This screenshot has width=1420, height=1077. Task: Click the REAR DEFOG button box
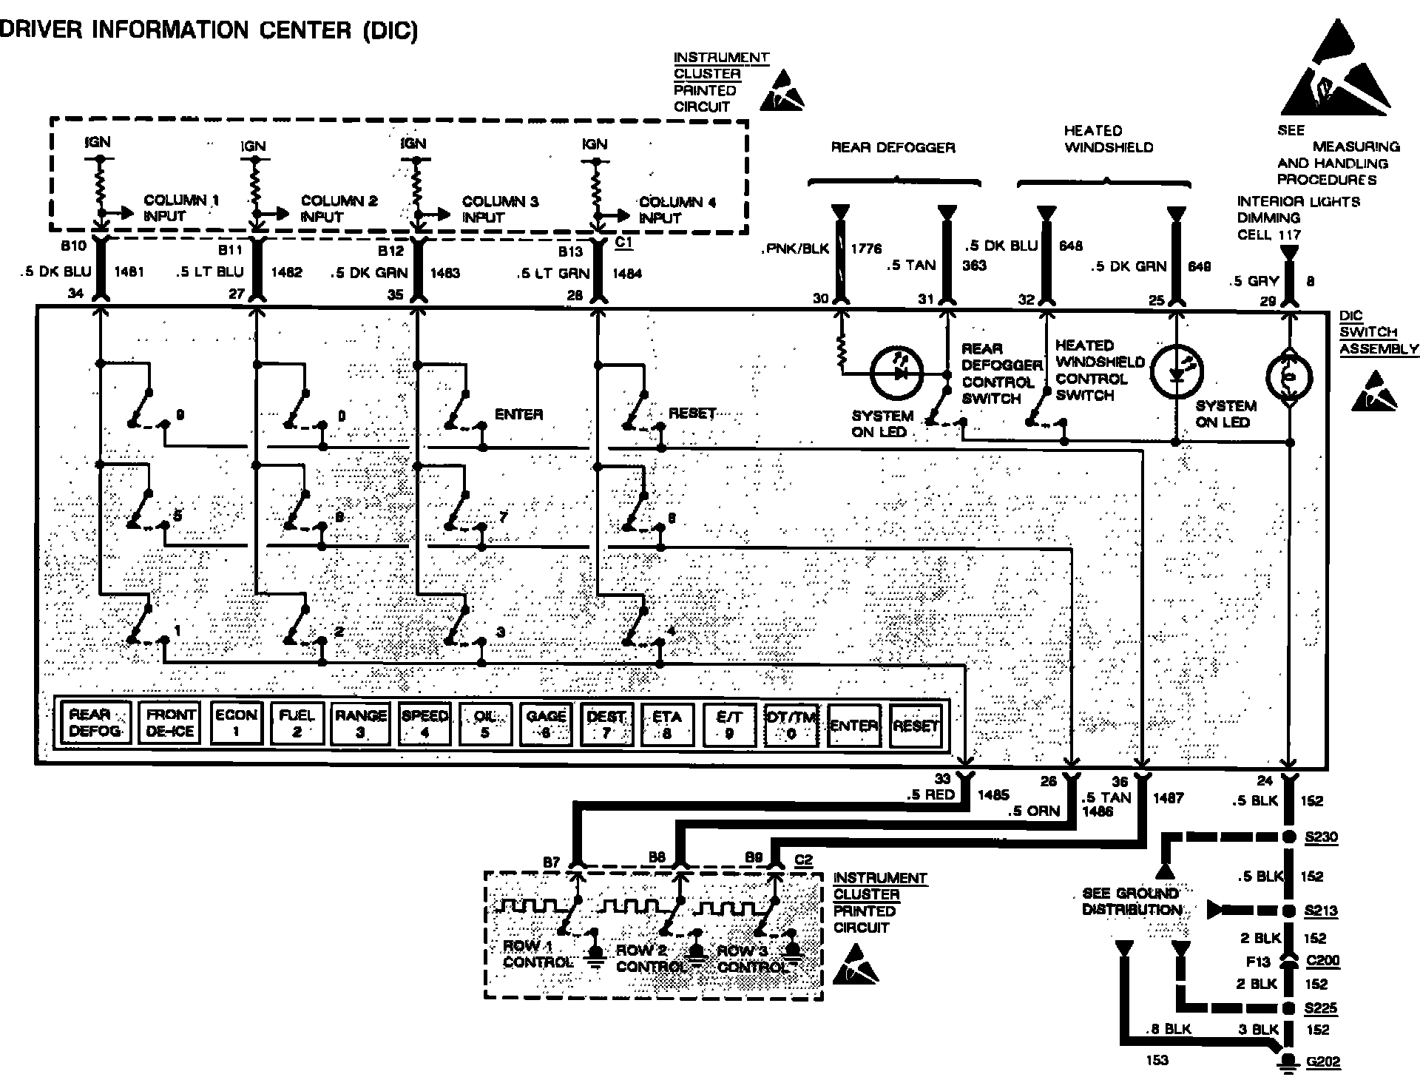(92, 723)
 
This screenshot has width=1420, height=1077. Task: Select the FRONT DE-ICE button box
(169, 723)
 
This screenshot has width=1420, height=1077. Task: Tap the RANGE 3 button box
(360, 723)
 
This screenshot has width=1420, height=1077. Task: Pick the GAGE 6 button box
(545, 723)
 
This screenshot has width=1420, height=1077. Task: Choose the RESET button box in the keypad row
(916, 726)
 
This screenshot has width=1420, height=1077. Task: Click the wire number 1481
(130, 271)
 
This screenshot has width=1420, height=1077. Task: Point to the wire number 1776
(866, 249)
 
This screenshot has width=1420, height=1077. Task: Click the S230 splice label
(1321, 837)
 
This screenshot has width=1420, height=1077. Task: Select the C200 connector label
(1322, 961)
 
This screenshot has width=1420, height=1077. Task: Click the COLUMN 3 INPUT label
(500, 209)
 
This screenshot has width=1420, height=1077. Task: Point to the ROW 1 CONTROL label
(537, 954)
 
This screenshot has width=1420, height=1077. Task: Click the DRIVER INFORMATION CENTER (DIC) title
(209, 30)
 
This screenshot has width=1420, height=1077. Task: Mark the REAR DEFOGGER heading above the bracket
(893, 147)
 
